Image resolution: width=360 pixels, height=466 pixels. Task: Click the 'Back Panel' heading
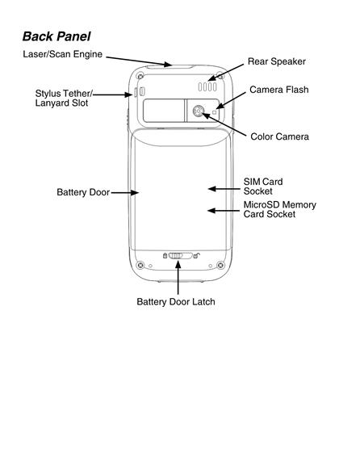click(57, 36)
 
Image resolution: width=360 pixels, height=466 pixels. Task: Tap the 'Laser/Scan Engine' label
click(63, 54)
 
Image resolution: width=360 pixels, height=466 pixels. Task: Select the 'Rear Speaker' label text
click(277, 61)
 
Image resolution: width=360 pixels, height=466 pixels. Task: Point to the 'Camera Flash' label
click(279, 90)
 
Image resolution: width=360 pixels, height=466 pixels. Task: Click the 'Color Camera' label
click(279, 136)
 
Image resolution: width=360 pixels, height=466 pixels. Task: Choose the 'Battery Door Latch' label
click(176, 302)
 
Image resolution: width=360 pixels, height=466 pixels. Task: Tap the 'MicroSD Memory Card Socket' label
click(280, 209)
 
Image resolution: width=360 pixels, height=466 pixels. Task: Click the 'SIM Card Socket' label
click(263, 187)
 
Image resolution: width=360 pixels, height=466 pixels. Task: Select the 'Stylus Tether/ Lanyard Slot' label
click(64, 98)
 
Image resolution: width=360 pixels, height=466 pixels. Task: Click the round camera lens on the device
click(198, 111)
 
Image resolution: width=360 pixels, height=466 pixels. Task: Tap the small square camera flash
click(215, 112)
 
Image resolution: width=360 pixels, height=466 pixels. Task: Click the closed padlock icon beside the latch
click(165, 255)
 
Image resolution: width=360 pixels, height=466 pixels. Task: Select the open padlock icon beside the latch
click(197, 255)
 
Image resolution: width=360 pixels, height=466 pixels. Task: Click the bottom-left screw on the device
click(140, 265)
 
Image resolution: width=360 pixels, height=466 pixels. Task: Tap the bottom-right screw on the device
click(220, 265)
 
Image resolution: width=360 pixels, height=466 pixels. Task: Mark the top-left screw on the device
click(140, 76)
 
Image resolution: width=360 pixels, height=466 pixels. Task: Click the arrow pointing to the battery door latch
click(178, 278)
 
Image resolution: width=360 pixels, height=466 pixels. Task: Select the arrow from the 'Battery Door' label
click(125, 192)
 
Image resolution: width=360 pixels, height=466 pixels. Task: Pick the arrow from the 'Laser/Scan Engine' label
click(139, 61)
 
